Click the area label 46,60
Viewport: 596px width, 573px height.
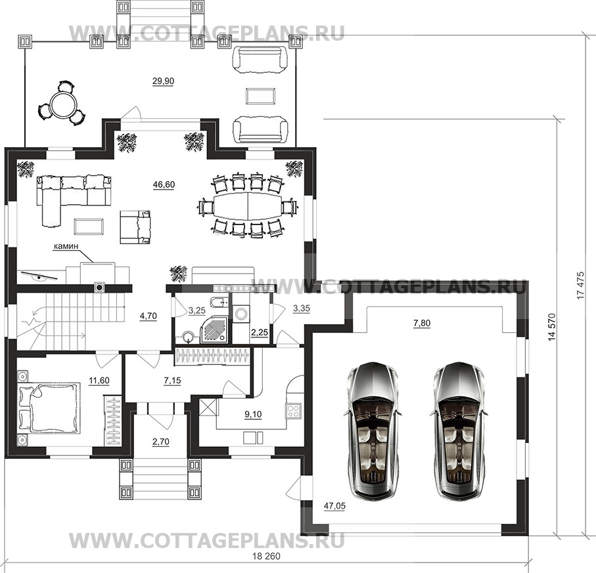pyautogui.click(x=164, y=184)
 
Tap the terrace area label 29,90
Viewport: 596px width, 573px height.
pyautogui.click(x=163, y=81)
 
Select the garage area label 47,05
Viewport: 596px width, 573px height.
pyautogui.click(x=334, y=506)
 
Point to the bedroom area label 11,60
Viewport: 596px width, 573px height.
pyautogui.click(x=99, y=381)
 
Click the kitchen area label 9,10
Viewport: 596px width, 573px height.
pyautogui.click(x=253, y=414)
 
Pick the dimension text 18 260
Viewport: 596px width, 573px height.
pyautogui.click(x=266, y=557)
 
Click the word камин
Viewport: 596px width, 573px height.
pyautogui.click(x=66, y=246)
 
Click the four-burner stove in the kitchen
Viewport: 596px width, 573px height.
pyautogui.click(x=293, y=410)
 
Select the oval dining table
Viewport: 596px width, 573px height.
pyautogui.click(x=248, y=206)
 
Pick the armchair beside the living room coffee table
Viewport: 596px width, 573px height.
pyautogui.click(x=135, y=227)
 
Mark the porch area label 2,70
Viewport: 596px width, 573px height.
pyautogui.click(x=160, y=442)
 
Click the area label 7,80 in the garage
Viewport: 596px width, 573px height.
pyautogui.click(x=421, y=324)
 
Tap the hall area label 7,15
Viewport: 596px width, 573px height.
pyautogui.click(x=172, y=381)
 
